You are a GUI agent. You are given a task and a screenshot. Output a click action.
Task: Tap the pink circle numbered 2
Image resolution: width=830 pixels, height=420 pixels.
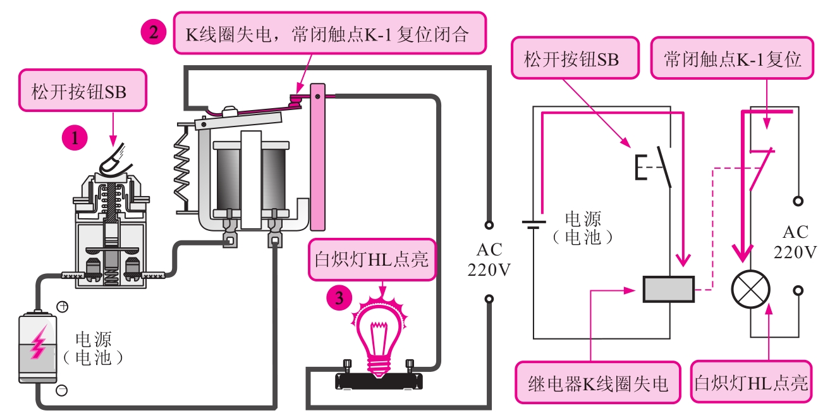pyautogui.click(x=154, y=32)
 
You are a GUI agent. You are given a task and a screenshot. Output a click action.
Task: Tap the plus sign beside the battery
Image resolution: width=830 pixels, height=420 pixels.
pyautogui.click(x=63, y=307)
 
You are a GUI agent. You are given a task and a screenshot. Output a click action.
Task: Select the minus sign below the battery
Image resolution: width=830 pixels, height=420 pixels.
pyautogui.click(x=61, y=390)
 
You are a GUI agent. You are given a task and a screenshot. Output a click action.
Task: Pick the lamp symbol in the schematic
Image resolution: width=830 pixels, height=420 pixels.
pyautogui.click(x=750, y=290)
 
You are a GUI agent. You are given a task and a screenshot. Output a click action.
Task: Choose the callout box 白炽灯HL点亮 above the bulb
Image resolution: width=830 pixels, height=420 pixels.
pyautogui.click(x=372, y=259)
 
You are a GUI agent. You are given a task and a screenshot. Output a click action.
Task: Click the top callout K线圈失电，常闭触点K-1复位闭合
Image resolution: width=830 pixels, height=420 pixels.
pyautogui.click(x=330, y=33)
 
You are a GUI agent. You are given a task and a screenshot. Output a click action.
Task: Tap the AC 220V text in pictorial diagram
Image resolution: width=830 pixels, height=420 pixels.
pyautogui.click(x=488, y=261)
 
